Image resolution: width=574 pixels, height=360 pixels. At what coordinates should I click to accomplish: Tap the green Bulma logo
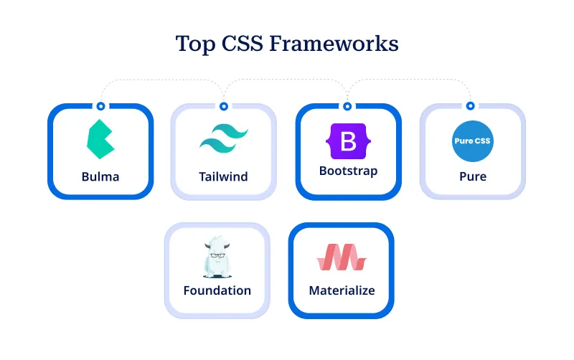point(100,139)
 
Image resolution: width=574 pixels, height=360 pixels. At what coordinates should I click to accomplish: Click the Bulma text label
point(100,176)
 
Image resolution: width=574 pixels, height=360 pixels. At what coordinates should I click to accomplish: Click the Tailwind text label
point(224,176)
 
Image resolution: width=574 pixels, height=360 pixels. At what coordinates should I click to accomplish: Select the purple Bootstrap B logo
point(348,141)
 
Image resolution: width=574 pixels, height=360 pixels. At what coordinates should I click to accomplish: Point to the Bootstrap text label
point(348,171)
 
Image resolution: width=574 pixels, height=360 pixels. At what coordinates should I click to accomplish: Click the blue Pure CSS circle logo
point(473,141)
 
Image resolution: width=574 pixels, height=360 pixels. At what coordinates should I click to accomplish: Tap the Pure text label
point(473,176)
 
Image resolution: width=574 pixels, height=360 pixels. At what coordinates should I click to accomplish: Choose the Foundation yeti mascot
point(217,258)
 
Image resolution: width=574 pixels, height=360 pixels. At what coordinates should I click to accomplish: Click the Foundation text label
point(217,290)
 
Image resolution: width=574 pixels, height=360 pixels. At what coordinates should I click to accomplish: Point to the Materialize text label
point(342,290)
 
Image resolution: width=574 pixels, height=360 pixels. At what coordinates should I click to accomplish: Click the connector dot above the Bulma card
point(100,106)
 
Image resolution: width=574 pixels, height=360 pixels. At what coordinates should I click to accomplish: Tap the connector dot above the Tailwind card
point(224,106)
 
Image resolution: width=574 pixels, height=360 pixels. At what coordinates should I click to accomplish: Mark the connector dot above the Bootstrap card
point(348,106)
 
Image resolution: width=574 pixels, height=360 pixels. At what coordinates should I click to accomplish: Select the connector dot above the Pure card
point(471,106)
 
